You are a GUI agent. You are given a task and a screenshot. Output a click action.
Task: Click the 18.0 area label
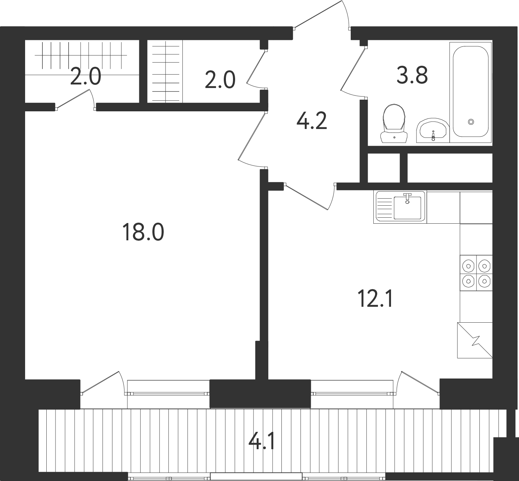(x=143, y=232)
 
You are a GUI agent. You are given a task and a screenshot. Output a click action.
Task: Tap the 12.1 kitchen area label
(x=375, y=299)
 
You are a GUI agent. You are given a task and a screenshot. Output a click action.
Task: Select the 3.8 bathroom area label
(x=412, y=75)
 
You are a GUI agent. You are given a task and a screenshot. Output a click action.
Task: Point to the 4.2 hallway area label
(x=312, y=121)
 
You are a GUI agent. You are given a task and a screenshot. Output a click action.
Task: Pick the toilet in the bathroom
(x=394, y=123)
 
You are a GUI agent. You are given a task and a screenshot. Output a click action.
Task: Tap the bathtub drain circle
(x=471, y=122)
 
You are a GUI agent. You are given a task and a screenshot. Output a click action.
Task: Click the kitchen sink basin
(x=407, y=207)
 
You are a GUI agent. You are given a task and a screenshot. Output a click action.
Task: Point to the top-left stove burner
(x=468, y=266)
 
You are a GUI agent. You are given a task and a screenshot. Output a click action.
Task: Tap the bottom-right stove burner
(x=484, y=281)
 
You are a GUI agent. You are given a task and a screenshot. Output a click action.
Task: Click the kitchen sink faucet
(x=407, y=198)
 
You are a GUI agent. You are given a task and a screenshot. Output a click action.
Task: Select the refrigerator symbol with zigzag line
(x=474, y=340)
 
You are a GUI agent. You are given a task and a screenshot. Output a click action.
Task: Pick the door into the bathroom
(x=353, y=73)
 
